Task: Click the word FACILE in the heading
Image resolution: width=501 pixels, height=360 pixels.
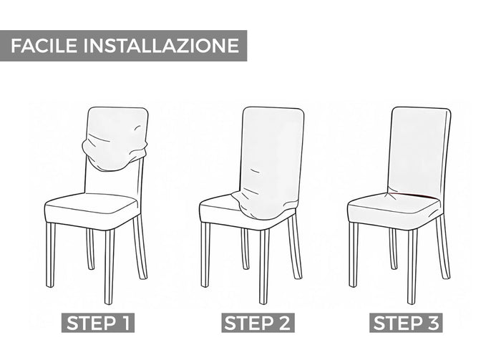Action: pyautogui.click(x=44, y=45)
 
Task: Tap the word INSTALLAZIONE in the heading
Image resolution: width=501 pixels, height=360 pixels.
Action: pyautogui.click(x=161, y=45)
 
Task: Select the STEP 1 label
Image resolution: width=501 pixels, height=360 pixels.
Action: pyautogui.click(x=98, y=323)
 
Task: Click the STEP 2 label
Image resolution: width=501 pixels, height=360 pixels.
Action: pyautogui.click(x=258, y=323)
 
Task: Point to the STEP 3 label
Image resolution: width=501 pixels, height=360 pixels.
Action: pyautogui.click(x=406, y=323)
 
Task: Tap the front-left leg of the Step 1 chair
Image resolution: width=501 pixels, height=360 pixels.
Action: pyautogui.click(x=50, y=255)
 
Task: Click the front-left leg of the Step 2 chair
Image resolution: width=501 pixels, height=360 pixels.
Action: pyautogui.click(x=205, y=254)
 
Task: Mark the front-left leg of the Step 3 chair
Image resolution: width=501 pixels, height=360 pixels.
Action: pyautogui.click(x=353, y=254)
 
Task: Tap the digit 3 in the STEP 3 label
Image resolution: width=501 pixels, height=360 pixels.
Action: pyautogui.click(x=432, y=323)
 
